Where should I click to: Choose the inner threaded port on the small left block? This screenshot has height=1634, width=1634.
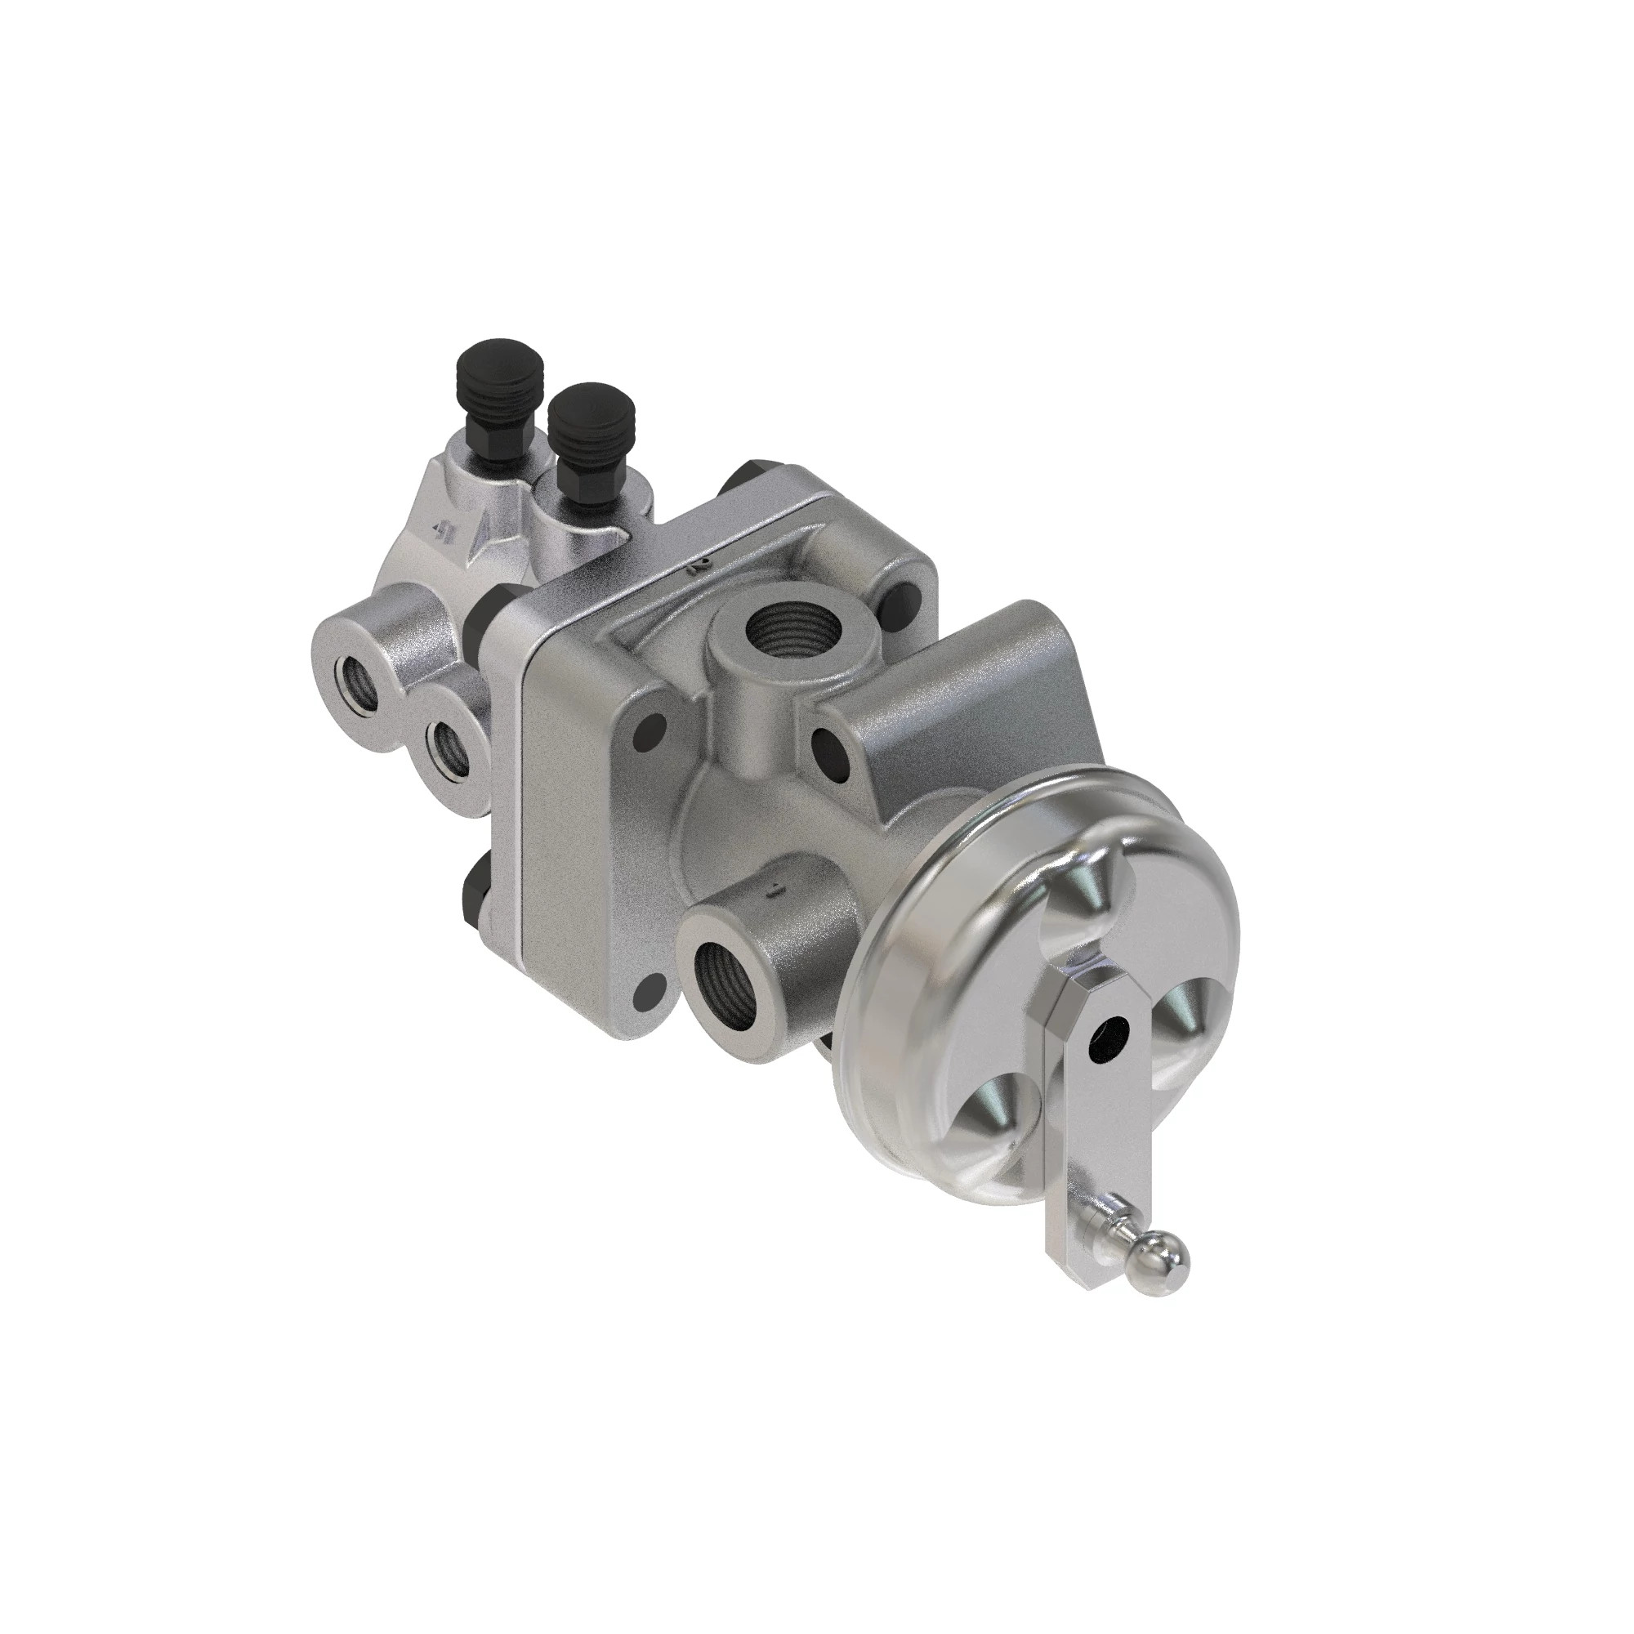point(448,744)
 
